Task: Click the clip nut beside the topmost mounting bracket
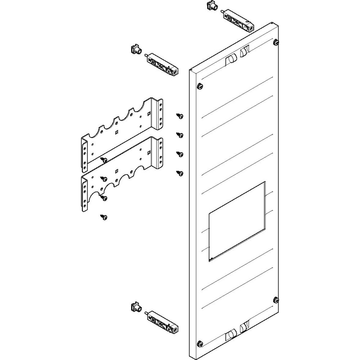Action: click(x=211, y=6)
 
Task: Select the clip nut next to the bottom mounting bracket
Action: click(x=135, y=308)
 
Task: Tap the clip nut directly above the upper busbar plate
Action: click(x=135, y=49)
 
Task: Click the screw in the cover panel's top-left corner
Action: click(x=199, y=86)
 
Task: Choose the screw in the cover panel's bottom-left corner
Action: click(x=199, y=342)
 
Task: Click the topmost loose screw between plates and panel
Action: click(x=180, y=116)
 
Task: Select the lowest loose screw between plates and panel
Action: click(x=180, y=174)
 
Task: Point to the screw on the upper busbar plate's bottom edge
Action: click(x=104, y=159)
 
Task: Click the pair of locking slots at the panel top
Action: click(x=238, y=55)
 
